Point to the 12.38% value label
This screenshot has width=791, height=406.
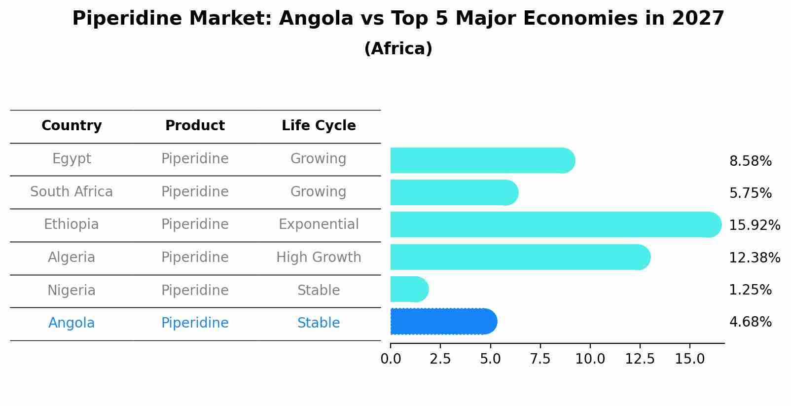(x=754, y=258)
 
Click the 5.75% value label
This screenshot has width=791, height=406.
(x=750, y=193)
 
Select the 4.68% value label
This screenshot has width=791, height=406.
(x=750, y=322)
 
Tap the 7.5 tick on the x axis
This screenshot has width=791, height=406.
(x=540, y=359)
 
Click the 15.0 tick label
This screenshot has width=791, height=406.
(x=689, y=359)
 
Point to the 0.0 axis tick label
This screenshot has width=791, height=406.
(x=391, y=359)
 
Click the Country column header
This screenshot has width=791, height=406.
(x=72, y=126)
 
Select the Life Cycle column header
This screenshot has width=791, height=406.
(x=319, y=126)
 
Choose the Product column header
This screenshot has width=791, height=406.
(x=195, y=126)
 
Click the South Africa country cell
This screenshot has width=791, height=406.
(x=72, y=191)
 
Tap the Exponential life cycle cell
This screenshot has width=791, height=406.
(x=319, y=224)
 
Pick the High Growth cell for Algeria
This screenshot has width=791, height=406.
(x=319, y=258)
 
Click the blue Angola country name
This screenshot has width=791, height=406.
(x=72, y=323)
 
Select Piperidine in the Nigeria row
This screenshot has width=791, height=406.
(x=195, y=290)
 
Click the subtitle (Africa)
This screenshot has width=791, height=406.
(x=398, y=49)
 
